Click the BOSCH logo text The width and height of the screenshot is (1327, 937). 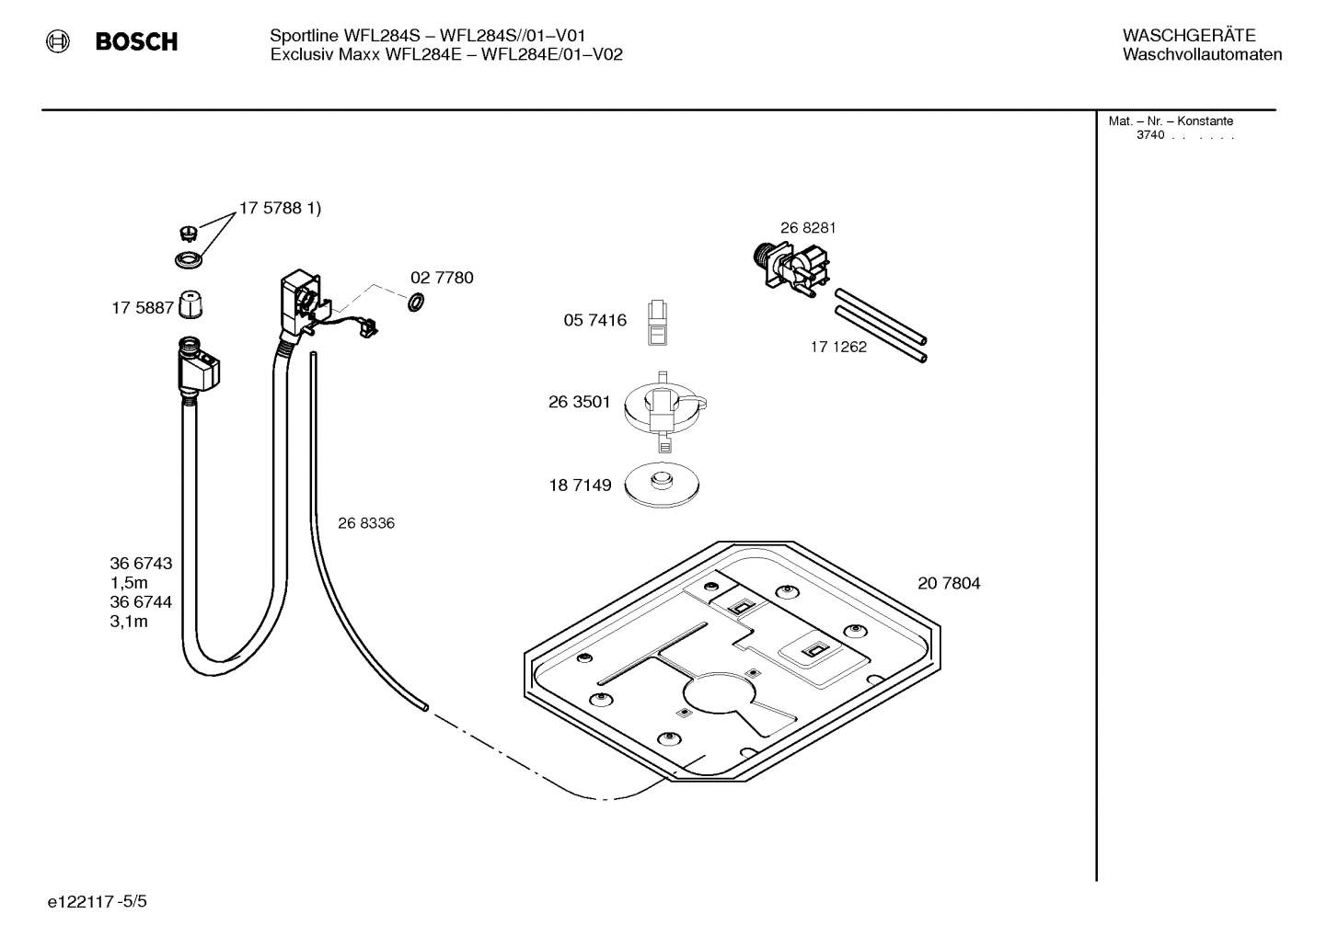[136, 41]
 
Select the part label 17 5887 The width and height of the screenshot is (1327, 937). [143, 308]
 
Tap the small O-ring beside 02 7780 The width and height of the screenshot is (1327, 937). [416, 302]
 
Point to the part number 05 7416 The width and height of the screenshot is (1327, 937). [594, 320]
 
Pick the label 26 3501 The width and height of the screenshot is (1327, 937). [579, 402]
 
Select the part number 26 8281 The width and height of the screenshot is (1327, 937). [808, 228]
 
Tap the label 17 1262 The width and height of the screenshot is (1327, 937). [838, 347]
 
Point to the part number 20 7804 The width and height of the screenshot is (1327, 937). [949, 583]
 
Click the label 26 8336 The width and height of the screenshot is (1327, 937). [365, 523]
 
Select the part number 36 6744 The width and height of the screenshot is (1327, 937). [141, 602]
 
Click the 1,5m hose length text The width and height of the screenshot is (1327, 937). [129, 583]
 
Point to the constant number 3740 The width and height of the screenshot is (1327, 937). [1149, 135]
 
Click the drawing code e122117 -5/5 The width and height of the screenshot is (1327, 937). [97, 902]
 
